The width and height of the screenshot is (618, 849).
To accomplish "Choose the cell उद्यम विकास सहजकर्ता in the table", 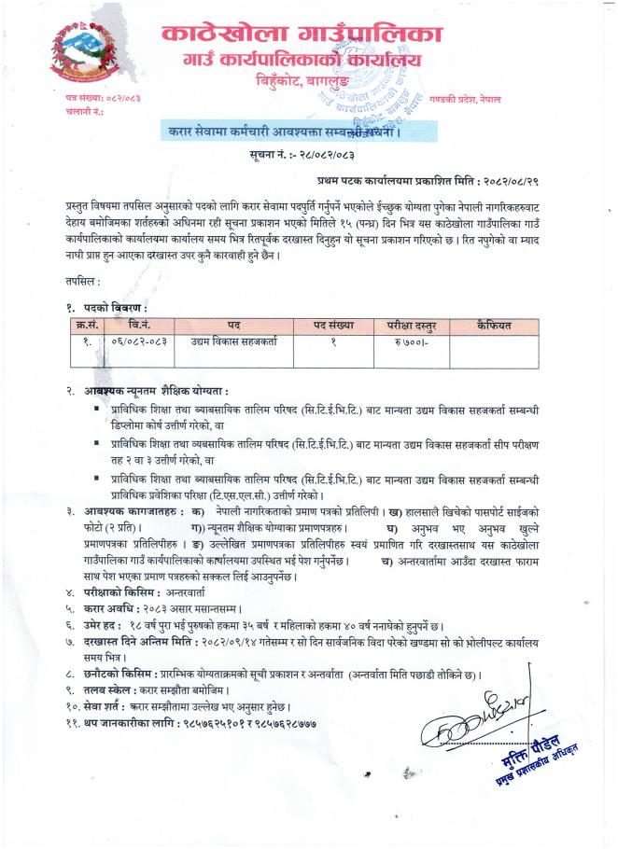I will point(232,342).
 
